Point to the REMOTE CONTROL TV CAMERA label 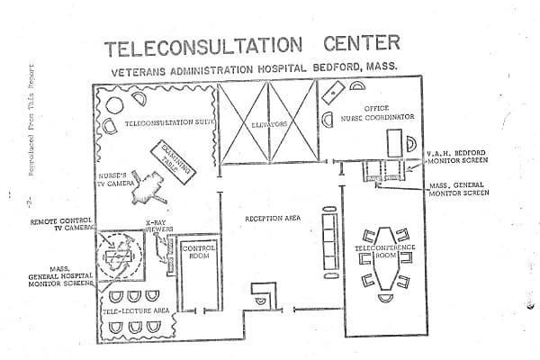(65, 224)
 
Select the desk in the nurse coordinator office (394, 142)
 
